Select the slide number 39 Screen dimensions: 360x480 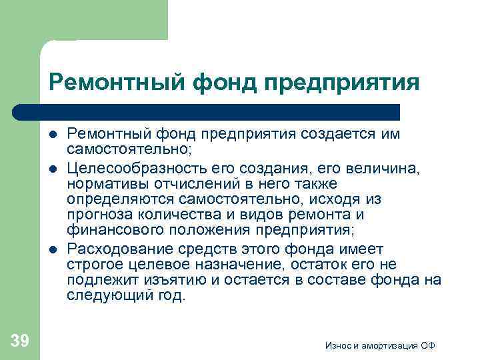pos(20,341)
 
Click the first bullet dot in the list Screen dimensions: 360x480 pos(53,133)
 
